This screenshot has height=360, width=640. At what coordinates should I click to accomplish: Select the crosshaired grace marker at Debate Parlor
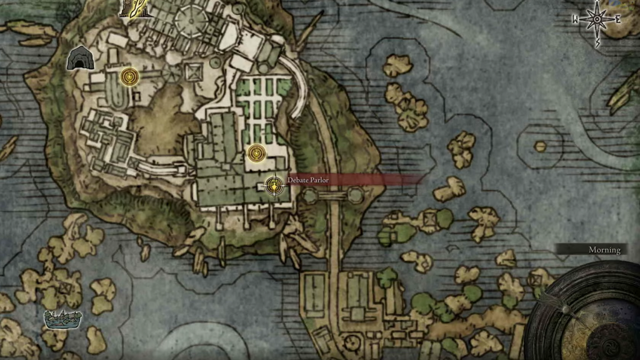273,185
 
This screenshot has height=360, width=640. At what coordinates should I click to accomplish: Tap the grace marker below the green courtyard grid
256,153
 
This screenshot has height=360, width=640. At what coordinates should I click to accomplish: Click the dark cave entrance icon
80,59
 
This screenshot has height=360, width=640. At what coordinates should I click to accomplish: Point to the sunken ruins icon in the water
63,319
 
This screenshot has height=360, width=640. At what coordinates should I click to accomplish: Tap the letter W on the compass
576,19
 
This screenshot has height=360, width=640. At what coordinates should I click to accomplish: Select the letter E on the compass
617,19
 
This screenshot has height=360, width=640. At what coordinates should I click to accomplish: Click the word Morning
604,250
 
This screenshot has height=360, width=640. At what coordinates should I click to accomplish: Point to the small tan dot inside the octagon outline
540,146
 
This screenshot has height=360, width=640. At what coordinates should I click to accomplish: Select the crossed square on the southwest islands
66,287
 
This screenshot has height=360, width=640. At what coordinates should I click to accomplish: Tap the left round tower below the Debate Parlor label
311,196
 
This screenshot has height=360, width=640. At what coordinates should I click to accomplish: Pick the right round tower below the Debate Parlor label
355,196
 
